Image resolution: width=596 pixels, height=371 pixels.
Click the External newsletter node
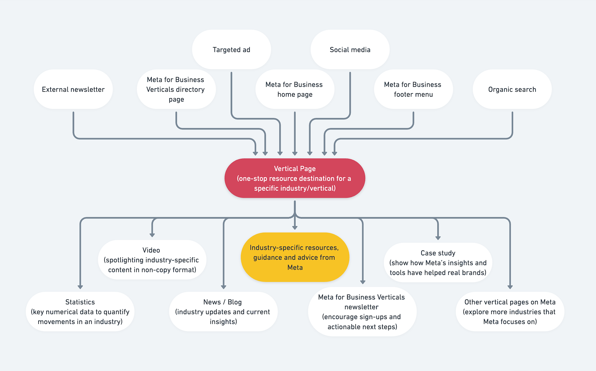(x=73, y=89)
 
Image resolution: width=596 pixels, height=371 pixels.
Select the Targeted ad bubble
(x=231, y=50)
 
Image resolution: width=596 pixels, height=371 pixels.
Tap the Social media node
(x=350, y=50)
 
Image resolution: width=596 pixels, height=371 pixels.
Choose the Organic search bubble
(x=512, y=89)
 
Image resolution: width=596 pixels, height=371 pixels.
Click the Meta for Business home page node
(x=295, y=89)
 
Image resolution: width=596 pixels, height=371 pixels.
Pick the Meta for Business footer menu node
(x=413, y=89)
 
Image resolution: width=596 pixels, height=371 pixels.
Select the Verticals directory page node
(x=176, y=89)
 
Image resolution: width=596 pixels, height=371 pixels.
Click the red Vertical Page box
(x=295, y=178)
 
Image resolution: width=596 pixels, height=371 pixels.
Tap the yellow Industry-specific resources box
(x=295, y=257)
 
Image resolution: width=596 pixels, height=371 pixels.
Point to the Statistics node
(x=80, y=312)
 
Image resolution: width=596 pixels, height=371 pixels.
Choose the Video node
(x=152, y=260)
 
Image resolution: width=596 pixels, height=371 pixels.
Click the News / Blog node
(x=223, y=312)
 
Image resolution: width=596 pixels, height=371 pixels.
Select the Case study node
(x=438, y=263)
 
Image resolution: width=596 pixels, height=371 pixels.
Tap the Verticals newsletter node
(x=362, y=312)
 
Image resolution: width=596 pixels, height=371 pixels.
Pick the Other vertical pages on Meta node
(x=510, y=312)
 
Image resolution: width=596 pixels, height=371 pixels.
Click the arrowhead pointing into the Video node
(x=152, y=235)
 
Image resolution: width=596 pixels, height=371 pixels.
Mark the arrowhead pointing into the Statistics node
(x=80, y=287)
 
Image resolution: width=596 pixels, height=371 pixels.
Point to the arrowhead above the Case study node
(x=438, y=238)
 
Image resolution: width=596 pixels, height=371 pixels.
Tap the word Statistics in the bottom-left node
(x=80, y=302)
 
